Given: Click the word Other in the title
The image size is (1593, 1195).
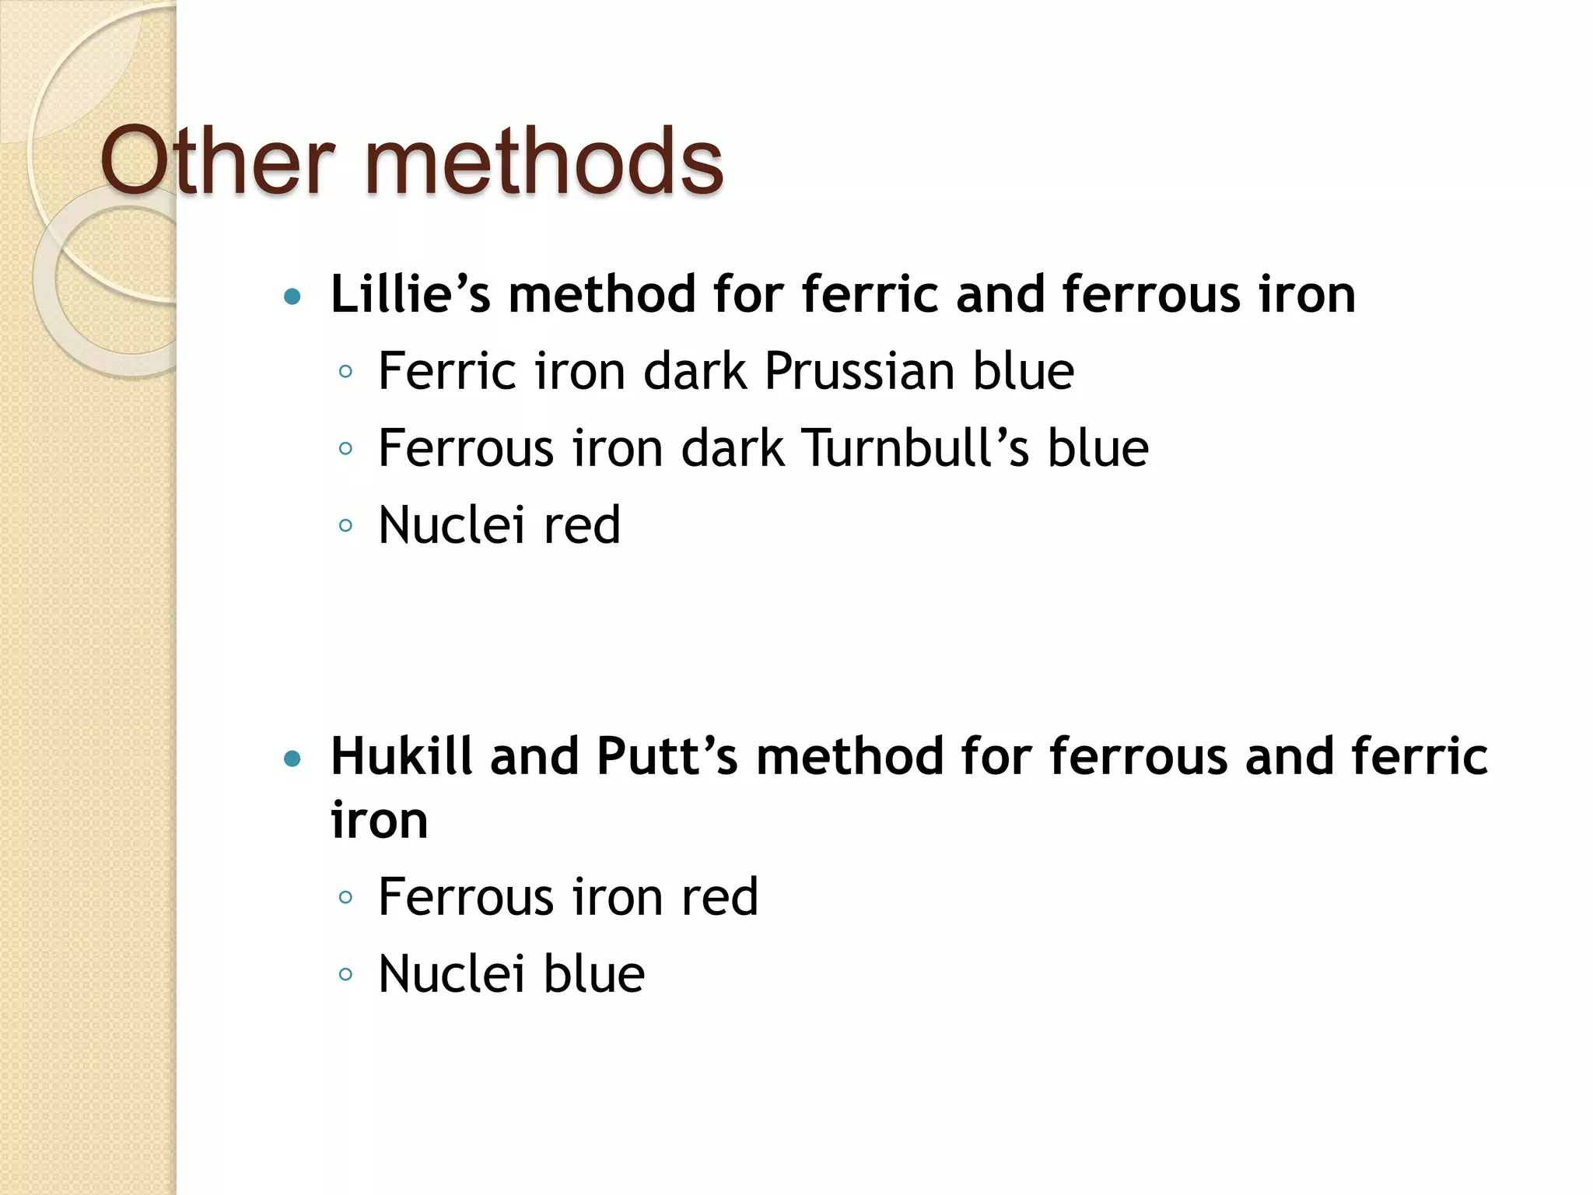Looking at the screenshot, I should pyautogui.click(x=217, y=161).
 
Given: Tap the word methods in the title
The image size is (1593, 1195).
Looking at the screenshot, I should pyautogui.click(x=544, y=161).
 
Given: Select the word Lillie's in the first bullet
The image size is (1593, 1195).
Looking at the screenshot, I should pyautogui.click(x=411, y=294).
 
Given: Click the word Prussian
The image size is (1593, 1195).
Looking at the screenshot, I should pyautogui.click(x=859, y=370).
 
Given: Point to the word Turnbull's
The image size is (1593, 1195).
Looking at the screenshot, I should pyautogui.click(x=916, y=448).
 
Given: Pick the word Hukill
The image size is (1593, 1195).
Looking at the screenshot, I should pyautogui.click(x=401, y=756).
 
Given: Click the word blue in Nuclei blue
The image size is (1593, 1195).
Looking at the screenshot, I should pyautogui.click(x=593, y=974).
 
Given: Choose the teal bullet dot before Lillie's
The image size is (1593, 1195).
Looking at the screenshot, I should pyautogui.click(x=292, y=296).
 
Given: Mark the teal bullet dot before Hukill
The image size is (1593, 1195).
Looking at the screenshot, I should pyautogui.click(x=292, y=759).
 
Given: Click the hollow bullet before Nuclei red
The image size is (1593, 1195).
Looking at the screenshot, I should pyautogui.click(x=346, y=526).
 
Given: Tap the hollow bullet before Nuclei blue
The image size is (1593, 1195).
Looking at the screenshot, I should pyautogui.click(x=346, y=974).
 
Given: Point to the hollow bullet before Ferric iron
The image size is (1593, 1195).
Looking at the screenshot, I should pyautogui.click(x=346, y=371).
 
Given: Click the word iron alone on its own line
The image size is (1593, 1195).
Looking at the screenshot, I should pyautogui.click(x=379, y=820).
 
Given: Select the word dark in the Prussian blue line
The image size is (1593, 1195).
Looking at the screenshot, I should pyautogui.click(x=695, y=370).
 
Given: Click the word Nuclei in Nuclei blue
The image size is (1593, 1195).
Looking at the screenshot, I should pyautogui.click(x=450, y=974).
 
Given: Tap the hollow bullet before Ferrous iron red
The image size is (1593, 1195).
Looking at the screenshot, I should pyautogui.click(x=346, y=898).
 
